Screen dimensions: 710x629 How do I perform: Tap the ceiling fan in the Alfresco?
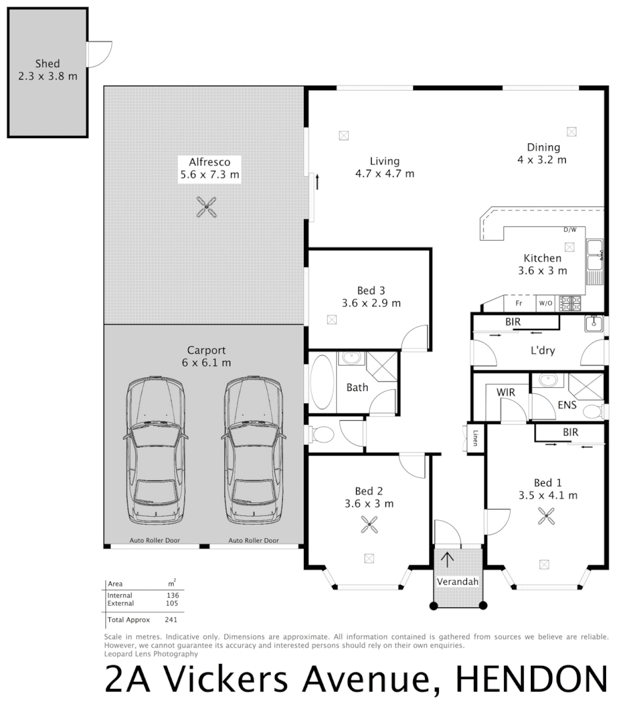[207, 208]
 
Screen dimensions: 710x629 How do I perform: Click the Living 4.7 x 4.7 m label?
[384, 168]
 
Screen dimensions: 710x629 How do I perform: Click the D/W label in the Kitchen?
[570, 230]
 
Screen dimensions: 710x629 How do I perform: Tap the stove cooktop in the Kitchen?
[570, 303]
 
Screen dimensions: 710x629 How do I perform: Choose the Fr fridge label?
[518, 304]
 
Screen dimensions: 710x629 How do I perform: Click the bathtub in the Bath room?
[322, 383]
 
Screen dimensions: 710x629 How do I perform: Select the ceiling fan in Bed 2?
[368, 524]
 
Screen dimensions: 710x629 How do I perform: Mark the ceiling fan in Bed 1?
[546, 516]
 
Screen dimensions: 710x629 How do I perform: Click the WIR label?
[505, 392]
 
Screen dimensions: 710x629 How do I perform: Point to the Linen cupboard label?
[475, 437]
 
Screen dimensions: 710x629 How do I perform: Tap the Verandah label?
[457, 582]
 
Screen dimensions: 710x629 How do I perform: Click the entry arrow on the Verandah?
[447, 560]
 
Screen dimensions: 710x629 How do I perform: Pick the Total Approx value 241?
[172, 619]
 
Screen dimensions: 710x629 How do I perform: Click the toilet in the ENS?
[592, 412]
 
